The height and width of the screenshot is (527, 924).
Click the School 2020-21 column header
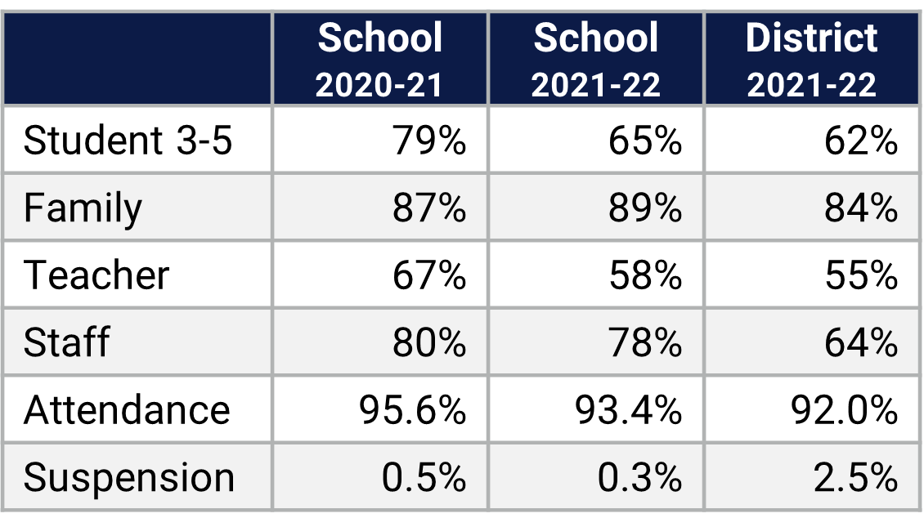pos(380,60)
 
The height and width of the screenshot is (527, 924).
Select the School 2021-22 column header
pos(596,60)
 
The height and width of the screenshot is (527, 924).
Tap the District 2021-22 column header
pos(811,60)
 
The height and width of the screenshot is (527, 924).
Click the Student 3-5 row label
pos(128,141)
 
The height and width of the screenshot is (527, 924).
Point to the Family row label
pos(83,208)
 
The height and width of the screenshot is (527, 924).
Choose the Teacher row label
pos(96,275)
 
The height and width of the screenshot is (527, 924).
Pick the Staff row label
pos(66,342)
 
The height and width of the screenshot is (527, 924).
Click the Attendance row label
pos(127,409)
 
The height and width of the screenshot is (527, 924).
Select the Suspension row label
pos(129,477)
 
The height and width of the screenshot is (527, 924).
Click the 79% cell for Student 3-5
pos(429,141)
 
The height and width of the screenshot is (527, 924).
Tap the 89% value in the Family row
pos(645,208)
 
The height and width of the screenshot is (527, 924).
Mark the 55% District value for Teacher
pos(861,275)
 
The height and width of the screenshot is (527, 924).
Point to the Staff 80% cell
pos(429,342)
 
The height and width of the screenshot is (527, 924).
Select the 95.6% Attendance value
pos(413,409)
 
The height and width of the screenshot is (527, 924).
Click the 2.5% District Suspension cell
pos(856,477)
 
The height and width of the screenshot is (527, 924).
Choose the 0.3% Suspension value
pos(640,477)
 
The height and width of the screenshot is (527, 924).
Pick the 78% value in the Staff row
pos(645,342)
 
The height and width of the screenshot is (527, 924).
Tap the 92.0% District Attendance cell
pos(845,409)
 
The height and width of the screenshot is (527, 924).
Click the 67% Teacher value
pos(429,275)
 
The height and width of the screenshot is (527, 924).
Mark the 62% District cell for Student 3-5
pos(861,141)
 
